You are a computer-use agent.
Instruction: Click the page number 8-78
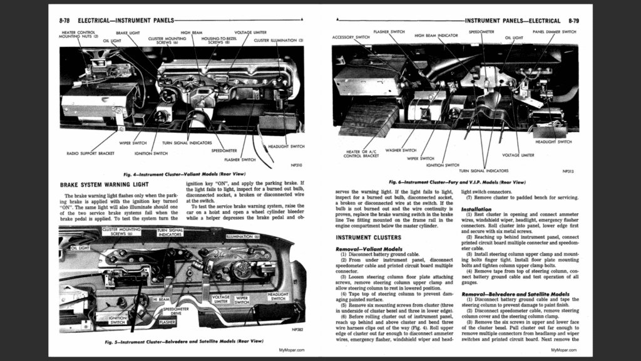pos(64,21)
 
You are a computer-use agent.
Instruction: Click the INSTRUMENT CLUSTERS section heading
pos(368,238)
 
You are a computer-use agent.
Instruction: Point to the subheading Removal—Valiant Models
pos(368,249)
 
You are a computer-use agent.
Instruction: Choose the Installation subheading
pos(476,209)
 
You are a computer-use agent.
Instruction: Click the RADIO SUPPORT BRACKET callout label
pos(90,153)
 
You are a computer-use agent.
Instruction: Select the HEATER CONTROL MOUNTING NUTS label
pos(78,34)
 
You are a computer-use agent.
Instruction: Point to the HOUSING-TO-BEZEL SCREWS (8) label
pos(215,40)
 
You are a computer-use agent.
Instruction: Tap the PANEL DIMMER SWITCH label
pos(554,31)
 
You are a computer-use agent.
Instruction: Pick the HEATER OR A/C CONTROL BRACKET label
pos(362,154)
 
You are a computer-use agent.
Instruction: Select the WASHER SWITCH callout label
pos(401,150)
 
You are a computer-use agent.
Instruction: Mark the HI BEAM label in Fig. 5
pos(161,300)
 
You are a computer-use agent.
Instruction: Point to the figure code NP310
pos(294,165)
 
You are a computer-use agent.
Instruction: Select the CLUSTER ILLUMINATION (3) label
pos(279,40)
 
